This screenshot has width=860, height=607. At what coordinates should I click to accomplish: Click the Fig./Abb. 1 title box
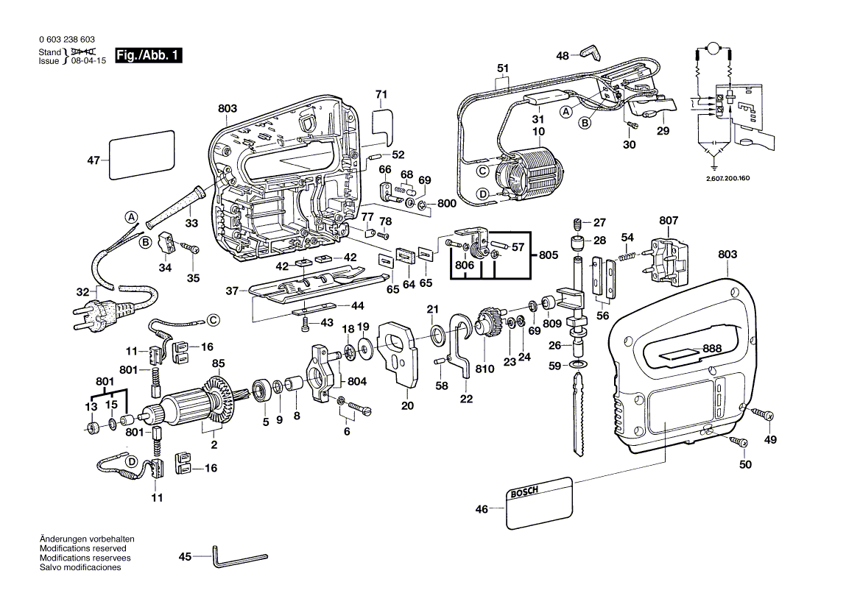(148, 56)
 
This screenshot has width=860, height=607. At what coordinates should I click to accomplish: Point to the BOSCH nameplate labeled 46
(539, 502)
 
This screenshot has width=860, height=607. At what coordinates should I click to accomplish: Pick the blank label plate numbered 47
(141, 155)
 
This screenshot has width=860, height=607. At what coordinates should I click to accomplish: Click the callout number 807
(669, 220)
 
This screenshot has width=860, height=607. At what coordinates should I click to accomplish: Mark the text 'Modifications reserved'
(82, 549)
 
